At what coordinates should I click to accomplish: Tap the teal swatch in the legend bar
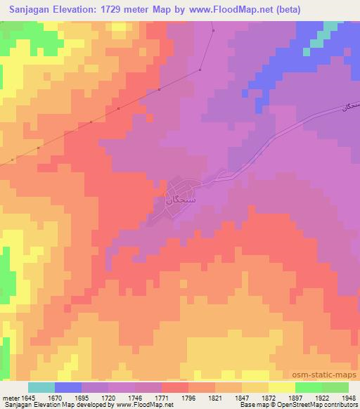(x=41, y=387)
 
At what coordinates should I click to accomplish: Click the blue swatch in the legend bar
(x=68, y=387)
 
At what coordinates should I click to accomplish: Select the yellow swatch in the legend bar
(x=281, y=387)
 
